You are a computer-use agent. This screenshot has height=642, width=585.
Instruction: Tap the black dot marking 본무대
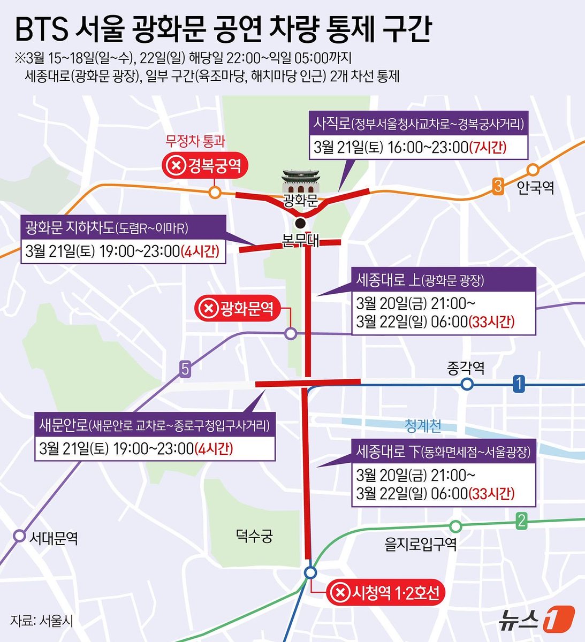[301, 223]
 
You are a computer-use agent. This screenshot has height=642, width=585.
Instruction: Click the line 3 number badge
[498, 187]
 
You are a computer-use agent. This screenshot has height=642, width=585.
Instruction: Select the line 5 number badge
[185, 369]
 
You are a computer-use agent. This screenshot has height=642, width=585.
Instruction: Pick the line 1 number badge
[518, 384]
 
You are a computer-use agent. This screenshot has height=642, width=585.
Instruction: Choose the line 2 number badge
[521, 521]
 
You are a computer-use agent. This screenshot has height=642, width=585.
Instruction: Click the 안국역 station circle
[533, 170]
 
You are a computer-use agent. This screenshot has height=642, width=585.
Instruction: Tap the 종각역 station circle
[467, 384]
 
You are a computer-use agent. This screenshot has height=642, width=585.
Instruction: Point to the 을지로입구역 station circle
[455, 526]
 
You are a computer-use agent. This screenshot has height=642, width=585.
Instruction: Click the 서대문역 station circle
[20, 535]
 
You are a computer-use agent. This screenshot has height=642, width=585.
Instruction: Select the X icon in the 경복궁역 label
[175, 167]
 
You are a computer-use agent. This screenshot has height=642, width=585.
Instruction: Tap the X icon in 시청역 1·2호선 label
[339, 593]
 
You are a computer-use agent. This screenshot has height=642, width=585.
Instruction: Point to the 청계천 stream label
[423, 426]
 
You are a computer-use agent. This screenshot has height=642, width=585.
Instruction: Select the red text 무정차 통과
[195, 142]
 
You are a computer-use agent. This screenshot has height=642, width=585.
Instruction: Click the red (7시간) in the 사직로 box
[488, 147]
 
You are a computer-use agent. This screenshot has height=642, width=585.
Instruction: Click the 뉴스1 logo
[536, 619]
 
